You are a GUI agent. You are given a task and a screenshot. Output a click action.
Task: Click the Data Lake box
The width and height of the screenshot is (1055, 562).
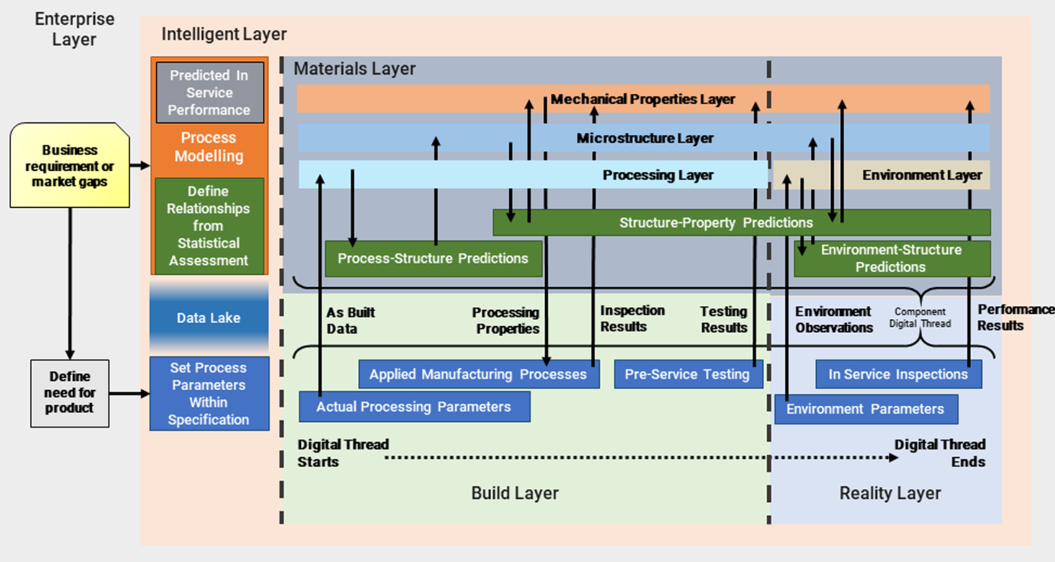click(209, 318)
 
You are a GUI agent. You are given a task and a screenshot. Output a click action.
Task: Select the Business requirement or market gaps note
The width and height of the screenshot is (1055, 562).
click(69, 166)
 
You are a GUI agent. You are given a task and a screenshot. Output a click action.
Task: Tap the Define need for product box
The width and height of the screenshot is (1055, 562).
click(69, 393)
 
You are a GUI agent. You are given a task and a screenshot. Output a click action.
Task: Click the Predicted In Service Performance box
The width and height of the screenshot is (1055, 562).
click(210, 93)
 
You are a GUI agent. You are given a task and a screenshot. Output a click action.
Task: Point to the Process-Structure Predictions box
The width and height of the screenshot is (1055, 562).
click(434, 259)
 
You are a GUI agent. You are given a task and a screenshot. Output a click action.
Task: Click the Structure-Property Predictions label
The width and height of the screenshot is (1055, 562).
click(716, 222)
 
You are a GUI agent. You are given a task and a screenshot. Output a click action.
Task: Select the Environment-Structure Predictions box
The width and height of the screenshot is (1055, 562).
click(892, 259)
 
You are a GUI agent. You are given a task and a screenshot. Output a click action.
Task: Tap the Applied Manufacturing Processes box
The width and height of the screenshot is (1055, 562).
click(479, 375)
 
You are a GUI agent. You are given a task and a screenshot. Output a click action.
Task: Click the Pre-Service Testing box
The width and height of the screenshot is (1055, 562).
click(688, 375)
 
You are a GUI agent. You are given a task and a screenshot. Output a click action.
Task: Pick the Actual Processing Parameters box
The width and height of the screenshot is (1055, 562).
click(414, 406)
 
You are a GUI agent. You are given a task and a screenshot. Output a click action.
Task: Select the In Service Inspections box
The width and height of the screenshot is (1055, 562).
click(899, 375)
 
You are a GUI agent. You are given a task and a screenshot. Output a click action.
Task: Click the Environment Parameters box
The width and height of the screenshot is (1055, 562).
click(866, 409)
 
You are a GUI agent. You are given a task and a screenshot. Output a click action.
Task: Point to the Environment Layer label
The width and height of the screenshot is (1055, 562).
click(922, 176)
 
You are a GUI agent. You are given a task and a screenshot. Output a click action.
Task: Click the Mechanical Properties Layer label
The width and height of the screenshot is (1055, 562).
click(643, 99)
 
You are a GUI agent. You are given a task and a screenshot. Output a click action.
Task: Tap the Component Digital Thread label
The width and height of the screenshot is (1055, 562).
click(920, 318)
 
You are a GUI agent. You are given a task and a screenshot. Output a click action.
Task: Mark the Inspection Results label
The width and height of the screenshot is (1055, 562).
click(632, 318)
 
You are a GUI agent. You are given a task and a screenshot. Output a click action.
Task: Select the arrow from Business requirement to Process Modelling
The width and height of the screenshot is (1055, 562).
click(140, 166)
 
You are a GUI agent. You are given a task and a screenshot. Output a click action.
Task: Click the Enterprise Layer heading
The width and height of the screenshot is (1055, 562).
click(74, 29)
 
